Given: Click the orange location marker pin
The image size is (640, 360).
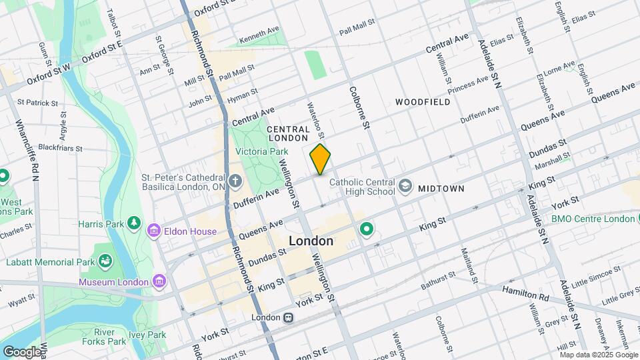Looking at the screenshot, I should click(x=320, y=159).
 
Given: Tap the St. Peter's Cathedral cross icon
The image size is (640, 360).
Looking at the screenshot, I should click(x=235, y=181).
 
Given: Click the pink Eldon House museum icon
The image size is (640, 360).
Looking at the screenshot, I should click(x=154, y=231).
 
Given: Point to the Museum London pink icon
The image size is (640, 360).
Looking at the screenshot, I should click(x=159, y=281).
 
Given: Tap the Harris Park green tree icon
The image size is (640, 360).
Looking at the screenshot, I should click(x=134, y=223).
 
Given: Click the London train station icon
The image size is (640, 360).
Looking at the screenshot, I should click(x=288, y=318).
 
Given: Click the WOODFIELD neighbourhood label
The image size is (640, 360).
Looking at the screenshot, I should click(x=423, y=102).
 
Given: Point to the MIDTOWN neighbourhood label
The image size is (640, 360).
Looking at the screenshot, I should click(x=441, y=189).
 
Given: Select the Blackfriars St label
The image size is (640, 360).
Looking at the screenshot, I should click(x=60, y=148).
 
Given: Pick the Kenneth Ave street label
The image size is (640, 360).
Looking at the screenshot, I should click(x=259, y=36).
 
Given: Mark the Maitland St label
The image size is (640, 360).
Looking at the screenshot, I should click(x=469, y=265).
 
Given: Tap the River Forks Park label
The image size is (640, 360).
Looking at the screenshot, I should click(x=109, y=337).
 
